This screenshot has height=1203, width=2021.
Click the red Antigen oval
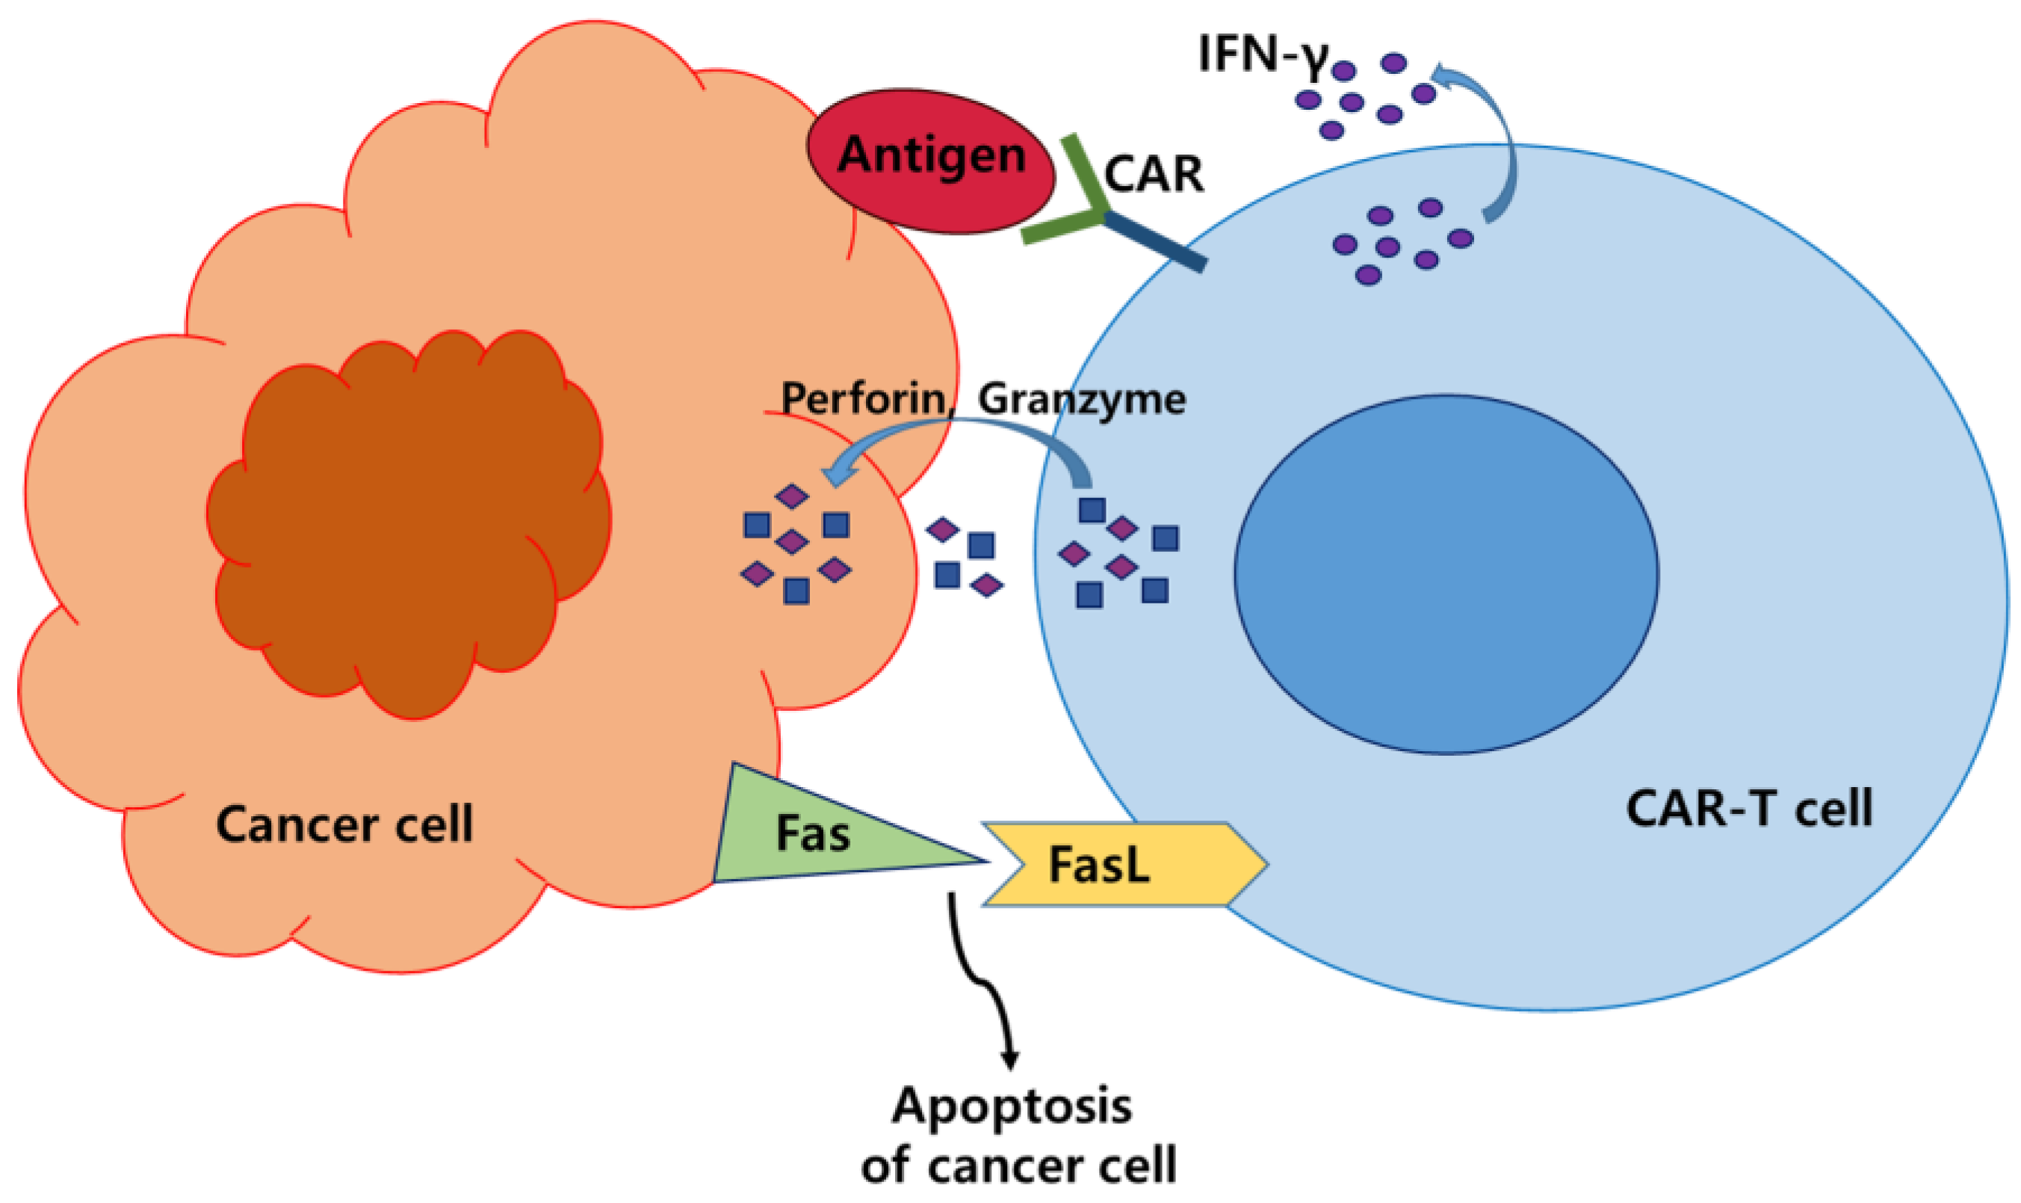(930, 162)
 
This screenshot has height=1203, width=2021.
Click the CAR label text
(1154, 174)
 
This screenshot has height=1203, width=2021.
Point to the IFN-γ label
(1261, 55)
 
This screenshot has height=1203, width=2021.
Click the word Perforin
(864, 399)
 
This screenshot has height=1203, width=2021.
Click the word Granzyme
(1082, 399)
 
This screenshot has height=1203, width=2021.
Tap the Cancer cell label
(344, 825)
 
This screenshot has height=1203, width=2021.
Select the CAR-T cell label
(1748, 808)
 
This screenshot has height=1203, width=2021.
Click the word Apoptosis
(1012, 1106)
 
